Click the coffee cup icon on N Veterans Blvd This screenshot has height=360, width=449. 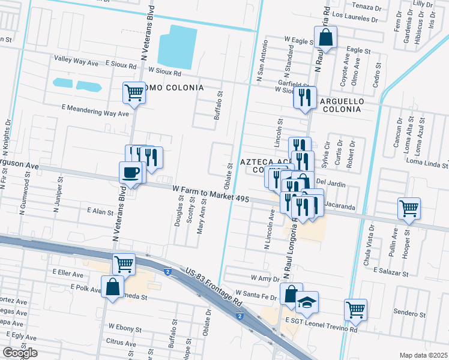tap(131, 173)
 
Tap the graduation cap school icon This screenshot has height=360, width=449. tap(307, 302)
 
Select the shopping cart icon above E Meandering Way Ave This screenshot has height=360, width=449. tap(134, 92)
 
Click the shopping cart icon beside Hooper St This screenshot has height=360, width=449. tap(409, 208)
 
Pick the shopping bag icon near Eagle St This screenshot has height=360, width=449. tap(325, 37)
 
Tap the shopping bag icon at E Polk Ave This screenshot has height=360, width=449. tap(112, 286)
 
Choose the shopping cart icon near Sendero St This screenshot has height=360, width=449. tap(355, 310)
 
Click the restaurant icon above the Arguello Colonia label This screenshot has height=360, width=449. tap(305, 97)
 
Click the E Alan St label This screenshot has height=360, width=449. tap(100, 211)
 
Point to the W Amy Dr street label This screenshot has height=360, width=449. tap(265, 278)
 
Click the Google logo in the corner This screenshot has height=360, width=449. tap(20, 353)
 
